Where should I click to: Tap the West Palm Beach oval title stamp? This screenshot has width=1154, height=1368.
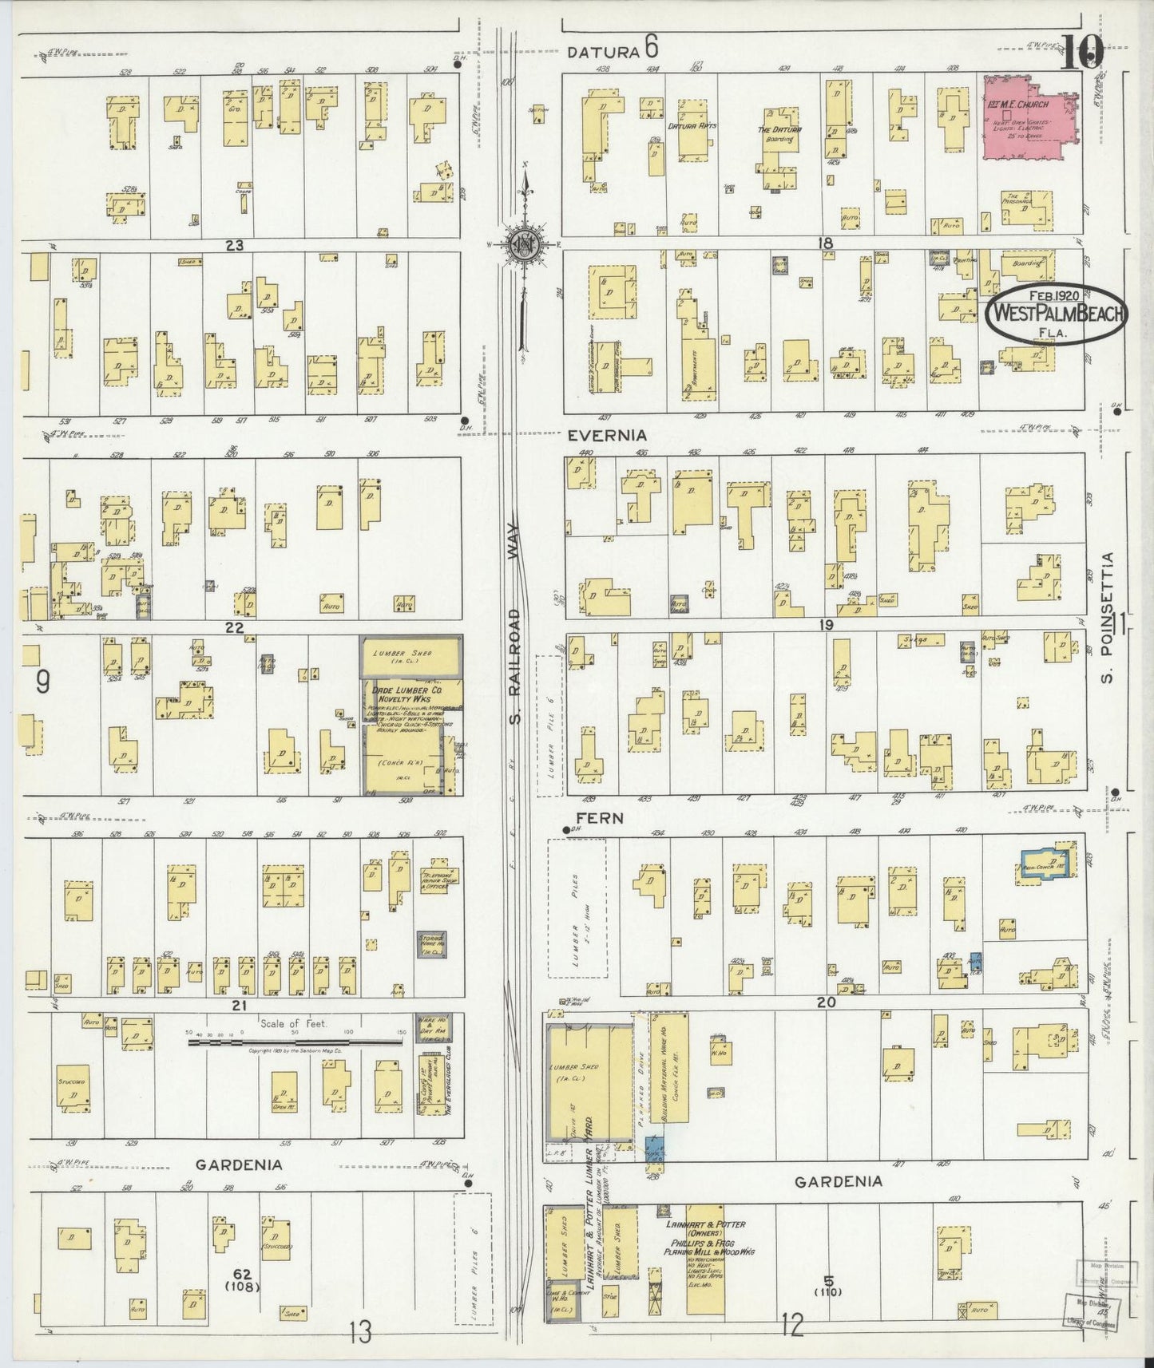(x=1057, y=314)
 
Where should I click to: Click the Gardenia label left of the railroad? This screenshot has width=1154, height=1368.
(x=240, y=1164)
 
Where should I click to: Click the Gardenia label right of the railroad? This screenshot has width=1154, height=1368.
(x=839, y=1181)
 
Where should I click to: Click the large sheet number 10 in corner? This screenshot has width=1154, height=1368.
(x=1084, y=53)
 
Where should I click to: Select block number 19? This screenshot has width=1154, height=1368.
(x=826, y=625)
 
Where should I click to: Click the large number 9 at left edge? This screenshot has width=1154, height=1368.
(x=43, y=682)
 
